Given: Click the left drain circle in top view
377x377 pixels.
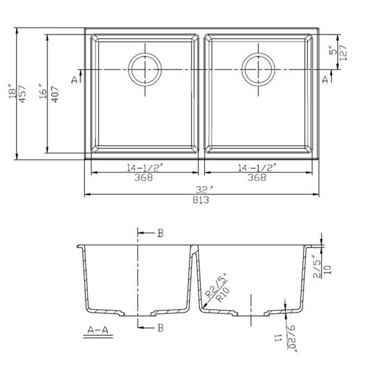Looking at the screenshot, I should click(146, 68).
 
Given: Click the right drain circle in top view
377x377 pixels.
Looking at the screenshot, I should click(257, 68).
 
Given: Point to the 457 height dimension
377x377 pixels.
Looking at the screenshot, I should click(23, 93).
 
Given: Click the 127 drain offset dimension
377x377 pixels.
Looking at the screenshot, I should click(343, 59).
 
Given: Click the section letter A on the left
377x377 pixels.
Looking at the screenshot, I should click(75, 80).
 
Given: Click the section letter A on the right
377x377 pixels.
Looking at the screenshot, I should click(325, 79).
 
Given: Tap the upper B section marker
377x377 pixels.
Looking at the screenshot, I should click(160, 234).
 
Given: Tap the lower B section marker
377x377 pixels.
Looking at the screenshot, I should click(160, 327).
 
